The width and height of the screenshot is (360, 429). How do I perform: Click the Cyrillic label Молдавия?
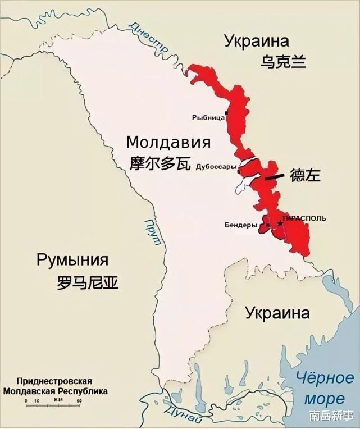click(x=168, y=142)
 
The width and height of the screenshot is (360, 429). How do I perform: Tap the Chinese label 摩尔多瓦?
click(x=161, y=163)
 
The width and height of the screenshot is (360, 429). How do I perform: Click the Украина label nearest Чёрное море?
click(x=277, y=313)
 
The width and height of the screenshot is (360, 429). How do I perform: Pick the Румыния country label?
click(x=72, y=260)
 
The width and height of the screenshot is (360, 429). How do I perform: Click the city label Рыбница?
click(x=208, y=117)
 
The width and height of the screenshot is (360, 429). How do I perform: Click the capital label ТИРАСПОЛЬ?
click(x=305, y=218)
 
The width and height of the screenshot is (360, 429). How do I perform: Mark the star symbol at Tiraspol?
click(x=280, y=223)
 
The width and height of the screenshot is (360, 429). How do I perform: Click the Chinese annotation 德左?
click(x=305, y=175)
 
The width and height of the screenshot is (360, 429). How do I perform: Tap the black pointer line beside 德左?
click(x=275, y=177)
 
